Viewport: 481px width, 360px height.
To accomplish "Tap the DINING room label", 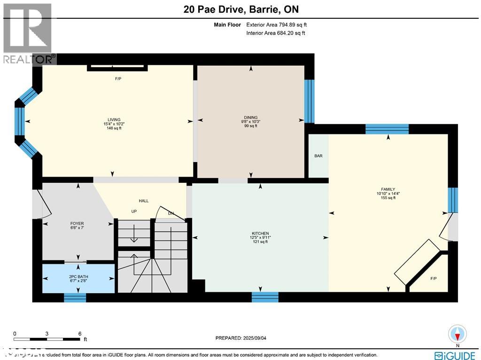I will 250,117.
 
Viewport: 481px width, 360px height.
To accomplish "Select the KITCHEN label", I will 260,234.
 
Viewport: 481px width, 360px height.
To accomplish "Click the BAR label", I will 318,156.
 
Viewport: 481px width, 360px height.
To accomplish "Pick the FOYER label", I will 77,223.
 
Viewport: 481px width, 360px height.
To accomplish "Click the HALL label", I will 144,201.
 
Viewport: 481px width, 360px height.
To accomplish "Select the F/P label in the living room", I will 118,78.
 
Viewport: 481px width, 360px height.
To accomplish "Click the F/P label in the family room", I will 434,278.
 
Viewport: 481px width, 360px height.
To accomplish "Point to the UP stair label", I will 134,211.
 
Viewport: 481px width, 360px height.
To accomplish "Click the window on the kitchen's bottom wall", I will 265,297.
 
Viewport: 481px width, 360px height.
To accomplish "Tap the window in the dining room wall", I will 309,101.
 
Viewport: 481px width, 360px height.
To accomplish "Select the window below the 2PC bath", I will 75,297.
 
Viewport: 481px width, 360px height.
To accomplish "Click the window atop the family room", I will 387,129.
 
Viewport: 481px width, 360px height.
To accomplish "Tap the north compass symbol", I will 458,334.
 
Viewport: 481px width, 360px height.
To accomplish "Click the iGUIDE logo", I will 455,355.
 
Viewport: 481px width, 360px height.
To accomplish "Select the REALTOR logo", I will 28,33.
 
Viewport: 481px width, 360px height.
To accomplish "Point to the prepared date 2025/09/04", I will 244,338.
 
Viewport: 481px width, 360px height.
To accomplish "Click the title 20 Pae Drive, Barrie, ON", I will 240,9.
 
